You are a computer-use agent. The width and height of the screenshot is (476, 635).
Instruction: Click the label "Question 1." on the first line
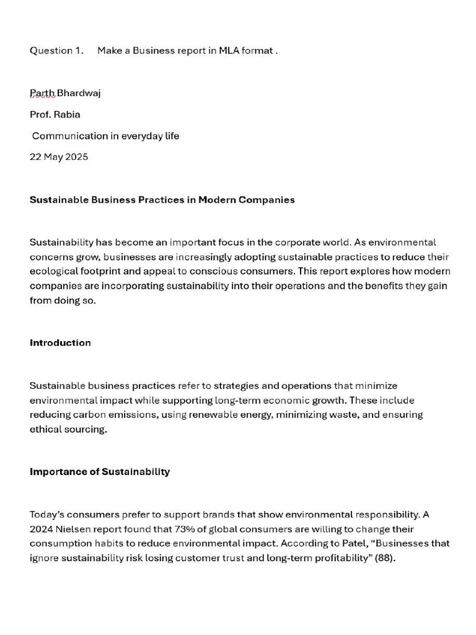click(x=56, y=51)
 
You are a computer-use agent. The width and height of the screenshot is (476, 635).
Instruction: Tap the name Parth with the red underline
click(x=42, y=94)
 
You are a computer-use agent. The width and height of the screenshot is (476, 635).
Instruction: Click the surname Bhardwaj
click(x=79, y=94)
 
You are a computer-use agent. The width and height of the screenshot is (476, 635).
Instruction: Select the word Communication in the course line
click(x=69, y=136)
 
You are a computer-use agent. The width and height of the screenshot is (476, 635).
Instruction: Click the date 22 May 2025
click(x=59, y=157)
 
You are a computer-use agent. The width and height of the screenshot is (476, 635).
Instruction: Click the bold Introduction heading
click(x=60, y=343)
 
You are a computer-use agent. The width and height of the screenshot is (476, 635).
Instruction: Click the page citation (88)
click(x=385, y=558)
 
